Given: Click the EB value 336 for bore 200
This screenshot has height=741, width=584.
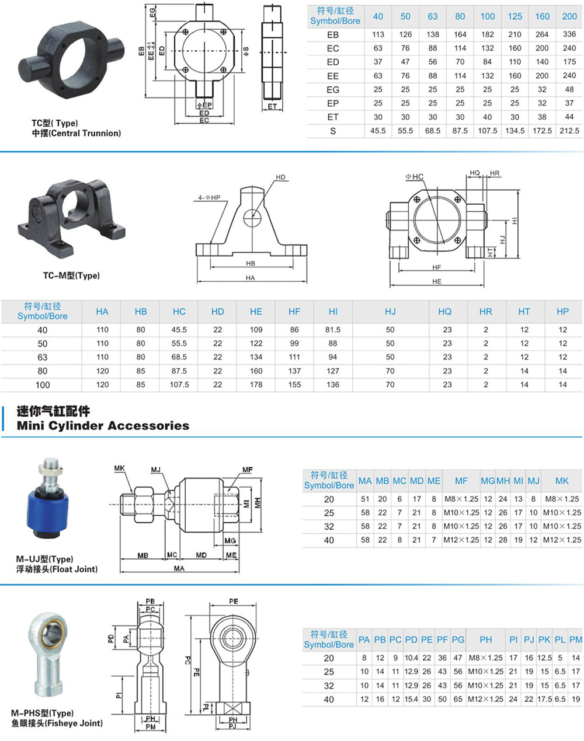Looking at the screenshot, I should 569,34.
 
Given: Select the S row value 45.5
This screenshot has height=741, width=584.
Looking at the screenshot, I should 378,131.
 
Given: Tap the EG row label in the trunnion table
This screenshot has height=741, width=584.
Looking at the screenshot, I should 333,89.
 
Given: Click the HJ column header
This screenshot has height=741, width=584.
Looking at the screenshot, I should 390,312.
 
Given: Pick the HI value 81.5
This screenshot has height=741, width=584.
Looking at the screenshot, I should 333,330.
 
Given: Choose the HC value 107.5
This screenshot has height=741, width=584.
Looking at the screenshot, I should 179,385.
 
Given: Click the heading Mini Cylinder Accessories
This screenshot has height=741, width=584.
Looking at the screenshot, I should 103,426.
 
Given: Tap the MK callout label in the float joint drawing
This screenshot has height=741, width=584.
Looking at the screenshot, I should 119,469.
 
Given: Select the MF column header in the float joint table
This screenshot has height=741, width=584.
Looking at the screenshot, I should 461,481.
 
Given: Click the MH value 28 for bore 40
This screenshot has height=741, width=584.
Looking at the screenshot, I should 503,540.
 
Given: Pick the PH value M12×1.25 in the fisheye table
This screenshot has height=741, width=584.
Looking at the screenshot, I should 485,699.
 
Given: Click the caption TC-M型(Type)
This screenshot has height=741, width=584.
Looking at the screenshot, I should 71,275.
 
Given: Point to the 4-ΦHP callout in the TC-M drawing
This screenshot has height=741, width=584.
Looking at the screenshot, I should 208,198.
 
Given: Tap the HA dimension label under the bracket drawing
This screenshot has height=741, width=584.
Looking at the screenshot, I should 251,278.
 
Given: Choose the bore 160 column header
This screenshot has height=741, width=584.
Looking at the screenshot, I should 542,16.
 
